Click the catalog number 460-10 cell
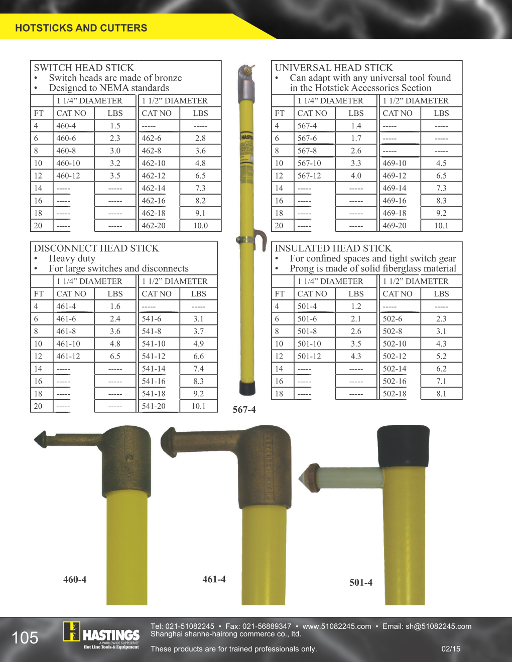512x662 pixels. (x=73, y=163)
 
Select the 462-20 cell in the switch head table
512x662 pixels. (x=159, y=226)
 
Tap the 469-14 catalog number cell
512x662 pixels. (x=400, y=188)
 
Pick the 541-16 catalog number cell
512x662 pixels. (x=159, y=381)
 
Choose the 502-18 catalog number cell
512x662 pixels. (x=400, y=394)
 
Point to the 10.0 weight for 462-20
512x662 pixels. (x=200, y=226)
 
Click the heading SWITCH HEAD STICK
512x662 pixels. (x=84, y=67)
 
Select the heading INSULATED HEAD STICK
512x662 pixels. (x=333, y=248)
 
